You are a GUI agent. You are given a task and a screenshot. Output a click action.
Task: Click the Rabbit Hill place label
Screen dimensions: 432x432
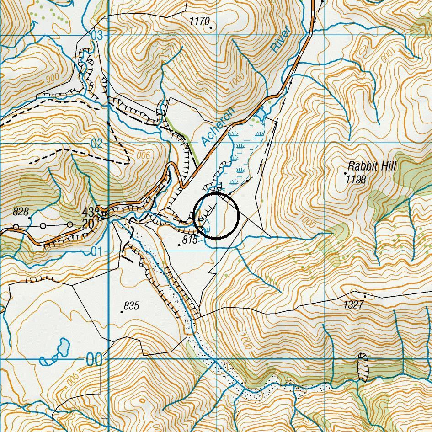[372, 166]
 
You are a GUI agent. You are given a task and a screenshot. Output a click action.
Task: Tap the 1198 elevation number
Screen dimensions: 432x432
[356, 180]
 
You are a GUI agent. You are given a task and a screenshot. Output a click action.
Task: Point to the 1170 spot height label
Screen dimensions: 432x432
[199, 21]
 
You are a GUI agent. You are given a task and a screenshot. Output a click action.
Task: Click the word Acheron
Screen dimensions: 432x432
[217, 127]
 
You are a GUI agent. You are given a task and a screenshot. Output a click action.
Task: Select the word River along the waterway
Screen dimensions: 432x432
[280, 41]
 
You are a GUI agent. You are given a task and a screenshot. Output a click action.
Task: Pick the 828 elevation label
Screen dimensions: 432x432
[21, 211]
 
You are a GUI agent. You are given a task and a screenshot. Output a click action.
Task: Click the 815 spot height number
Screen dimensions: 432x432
[189, 240]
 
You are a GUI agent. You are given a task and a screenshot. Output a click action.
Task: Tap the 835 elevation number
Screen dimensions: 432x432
[131, 306]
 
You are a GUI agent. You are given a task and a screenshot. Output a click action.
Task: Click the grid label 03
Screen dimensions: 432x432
[97, 36]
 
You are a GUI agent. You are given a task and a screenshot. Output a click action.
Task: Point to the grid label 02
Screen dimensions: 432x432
[97, 144]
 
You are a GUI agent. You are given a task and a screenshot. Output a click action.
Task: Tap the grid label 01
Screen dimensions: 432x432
[96, 251]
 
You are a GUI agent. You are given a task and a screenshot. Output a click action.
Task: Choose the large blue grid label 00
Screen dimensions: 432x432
[95, 360]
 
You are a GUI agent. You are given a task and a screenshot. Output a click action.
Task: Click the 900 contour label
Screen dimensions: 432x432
[53, 78]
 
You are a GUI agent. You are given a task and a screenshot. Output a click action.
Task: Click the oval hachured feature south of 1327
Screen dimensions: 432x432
[363, 367]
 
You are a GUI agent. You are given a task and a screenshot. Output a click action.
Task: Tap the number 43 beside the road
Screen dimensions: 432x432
[88, 213]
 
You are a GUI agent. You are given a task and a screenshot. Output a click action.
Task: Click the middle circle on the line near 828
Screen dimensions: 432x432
[43, 226]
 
